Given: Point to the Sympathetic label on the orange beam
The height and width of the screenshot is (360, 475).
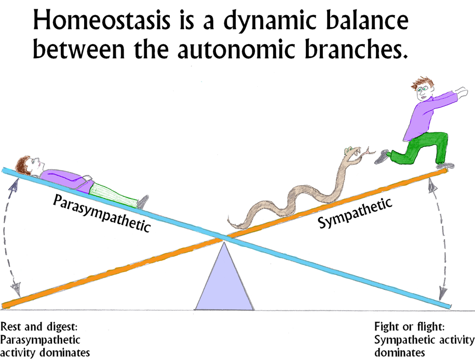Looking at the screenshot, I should coord(355,213).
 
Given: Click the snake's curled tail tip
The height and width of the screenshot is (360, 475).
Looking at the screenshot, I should coord(234,224).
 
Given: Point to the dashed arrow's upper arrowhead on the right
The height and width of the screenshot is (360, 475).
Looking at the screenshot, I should coord(430,184).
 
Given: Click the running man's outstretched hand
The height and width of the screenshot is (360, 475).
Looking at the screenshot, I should coord(460,92).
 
